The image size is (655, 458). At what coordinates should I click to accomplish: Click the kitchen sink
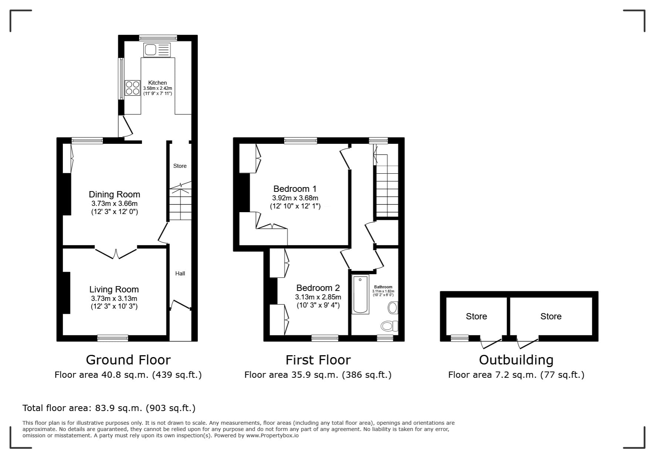pos(157,50)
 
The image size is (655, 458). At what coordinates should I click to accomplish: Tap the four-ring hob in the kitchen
pos(132,88)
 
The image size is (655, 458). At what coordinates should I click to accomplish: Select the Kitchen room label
pos(158,83)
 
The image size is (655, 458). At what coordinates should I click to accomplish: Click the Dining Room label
pos(114,194)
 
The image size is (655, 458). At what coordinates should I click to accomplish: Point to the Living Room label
pos(114,289)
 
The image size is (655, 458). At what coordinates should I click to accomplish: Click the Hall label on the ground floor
pos(180,274)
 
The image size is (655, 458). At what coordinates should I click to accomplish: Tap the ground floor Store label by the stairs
pos(180,166)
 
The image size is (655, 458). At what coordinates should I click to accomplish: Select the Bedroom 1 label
pos(295,189)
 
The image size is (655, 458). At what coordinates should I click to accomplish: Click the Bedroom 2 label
pos(318,288)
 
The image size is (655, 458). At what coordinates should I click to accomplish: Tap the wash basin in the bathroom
pos(393,307)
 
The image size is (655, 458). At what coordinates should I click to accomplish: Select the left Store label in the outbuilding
pos(476,316)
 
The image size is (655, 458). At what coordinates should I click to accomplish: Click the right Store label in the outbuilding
pos(551,316)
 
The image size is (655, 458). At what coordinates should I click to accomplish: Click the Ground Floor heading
pos(128,360)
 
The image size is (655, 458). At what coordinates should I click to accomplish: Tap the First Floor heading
pos(318,360)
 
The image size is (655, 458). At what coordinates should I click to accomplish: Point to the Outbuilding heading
pos(516,360)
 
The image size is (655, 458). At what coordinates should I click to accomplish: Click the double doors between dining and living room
pos(116,252)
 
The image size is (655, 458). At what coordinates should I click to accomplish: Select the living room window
pos(113,338)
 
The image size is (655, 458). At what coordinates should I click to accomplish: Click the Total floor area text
pos(109,408)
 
